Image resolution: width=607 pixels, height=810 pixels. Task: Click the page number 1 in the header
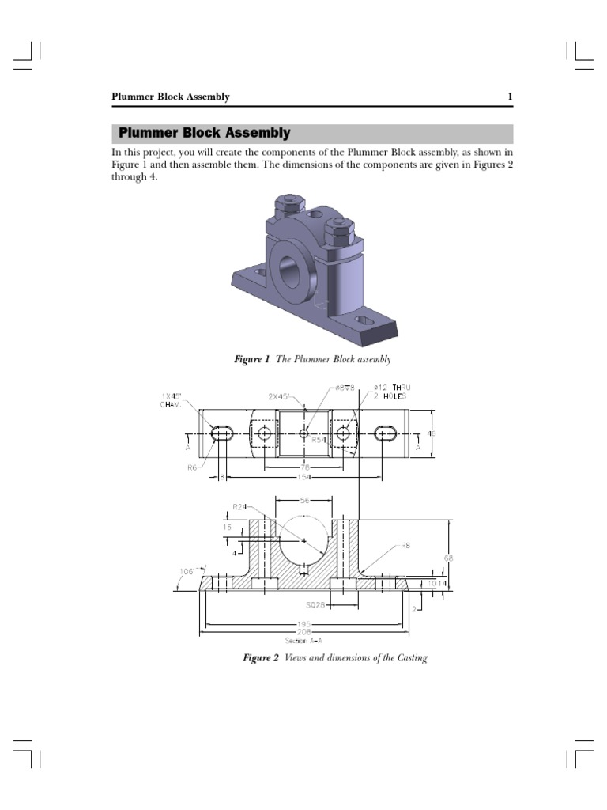click(510, 97)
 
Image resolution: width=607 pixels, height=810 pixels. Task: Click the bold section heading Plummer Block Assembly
click(204, 134)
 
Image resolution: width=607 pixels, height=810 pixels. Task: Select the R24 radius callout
click(239, 506)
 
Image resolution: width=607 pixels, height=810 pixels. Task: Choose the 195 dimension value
click(303, 625)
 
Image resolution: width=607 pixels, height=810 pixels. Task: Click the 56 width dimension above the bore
click(305, 501)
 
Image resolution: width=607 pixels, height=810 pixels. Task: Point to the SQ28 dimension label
click(315, 605)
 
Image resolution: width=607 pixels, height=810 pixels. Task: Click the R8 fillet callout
click(405, 546)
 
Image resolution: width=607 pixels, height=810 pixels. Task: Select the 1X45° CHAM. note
click(172, 399)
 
